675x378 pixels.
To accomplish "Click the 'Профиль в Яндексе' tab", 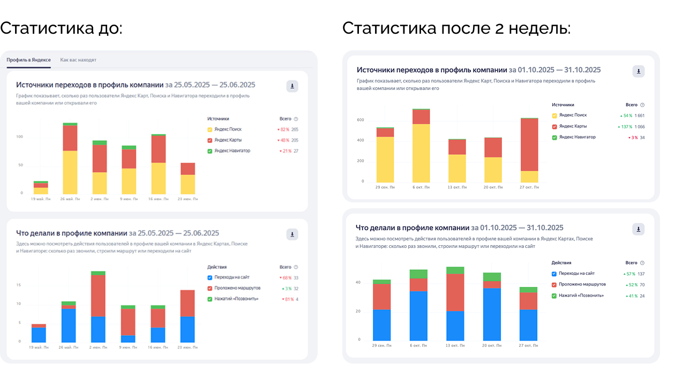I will tap(28, 60).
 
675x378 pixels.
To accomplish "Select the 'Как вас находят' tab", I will tap(78, 60).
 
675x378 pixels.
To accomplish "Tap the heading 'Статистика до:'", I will tap(62, 28).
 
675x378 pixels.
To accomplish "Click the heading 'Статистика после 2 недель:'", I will tap(456, 28).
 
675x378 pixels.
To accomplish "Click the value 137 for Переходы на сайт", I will tap(641, 274).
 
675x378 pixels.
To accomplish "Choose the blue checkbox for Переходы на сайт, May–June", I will tap(210, 277).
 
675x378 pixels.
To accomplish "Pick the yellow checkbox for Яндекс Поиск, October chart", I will tap(554, 115).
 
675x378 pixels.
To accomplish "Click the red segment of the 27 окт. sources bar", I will tap(529, 144).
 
